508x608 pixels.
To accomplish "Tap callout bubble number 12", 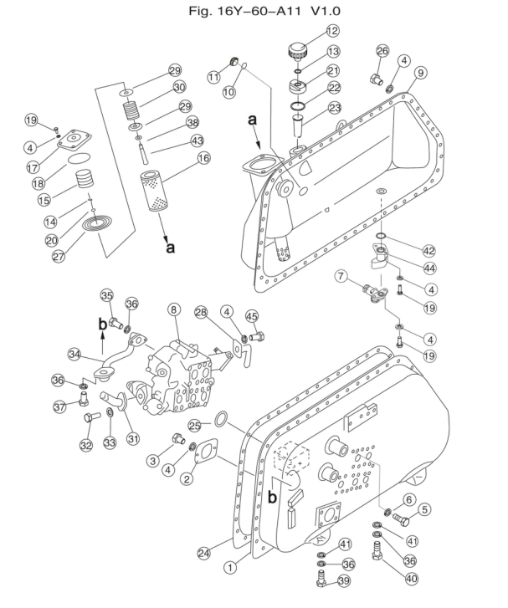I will tap(332, 31).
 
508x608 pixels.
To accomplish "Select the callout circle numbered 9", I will tap(421, 73).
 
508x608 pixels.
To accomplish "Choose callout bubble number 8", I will tap(174, 309).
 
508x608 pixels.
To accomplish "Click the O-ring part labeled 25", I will tap(223, 418).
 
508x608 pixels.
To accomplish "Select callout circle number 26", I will tap(383, 52).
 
